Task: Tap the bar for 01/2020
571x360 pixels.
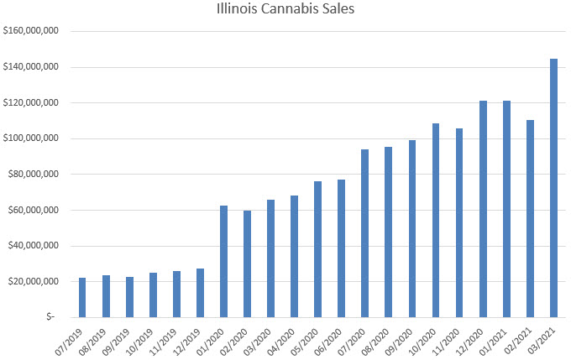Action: click(x=223, y=261)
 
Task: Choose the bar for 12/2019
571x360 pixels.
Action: click(x=200, y=293)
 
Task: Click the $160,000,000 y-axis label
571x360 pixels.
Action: click(x=31, y=31)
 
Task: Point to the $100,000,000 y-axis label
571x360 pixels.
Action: click(x=31, y=138)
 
